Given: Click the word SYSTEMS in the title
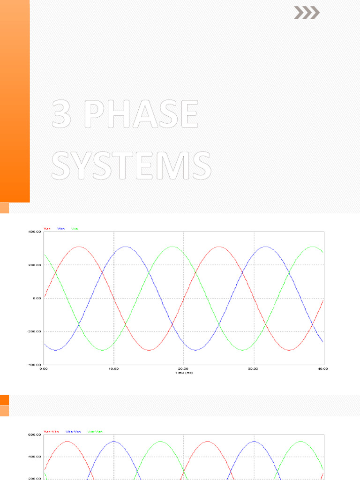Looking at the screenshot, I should tap(131, 165).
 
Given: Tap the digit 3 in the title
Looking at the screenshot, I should tap(65, 114).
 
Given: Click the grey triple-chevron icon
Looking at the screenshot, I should tap(307, 13).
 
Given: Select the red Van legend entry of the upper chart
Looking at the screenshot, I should tap(47, 228).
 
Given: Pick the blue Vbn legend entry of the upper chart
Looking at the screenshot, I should tap(61, 228).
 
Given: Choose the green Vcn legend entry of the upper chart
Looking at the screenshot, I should tap(75, 228).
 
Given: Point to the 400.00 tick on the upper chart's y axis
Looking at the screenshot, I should tap(35, 232).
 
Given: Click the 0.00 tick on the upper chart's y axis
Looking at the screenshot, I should tap(37, 298).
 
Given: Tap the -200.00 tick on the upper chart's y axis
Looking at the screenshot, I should tap(34, 331).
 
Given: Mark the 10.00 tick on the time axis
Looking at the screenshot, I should tap(113, 369).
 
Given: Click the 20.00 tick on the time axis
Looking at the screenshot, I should tap(183, 369).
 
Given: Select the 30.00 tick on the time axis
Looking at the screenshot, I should tap(254, 369).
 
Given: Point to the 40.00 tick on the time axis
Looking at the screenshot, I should tap(322, 369).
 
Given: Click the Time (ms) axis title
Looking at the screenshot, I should tap(183, 373).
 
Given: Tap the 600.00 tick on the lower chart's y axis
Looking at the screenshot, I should tap(35, 435).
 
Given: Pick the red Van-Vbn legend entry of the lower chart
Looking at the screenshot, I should tap(51, 431).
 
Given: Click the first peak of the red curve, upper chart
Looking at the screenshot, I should tap(79, 247).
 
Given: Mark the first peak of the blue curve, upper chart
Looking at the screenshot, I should tap(125, 247).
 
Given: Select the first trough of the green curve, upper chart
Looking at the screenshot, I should tap(102, 350).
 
